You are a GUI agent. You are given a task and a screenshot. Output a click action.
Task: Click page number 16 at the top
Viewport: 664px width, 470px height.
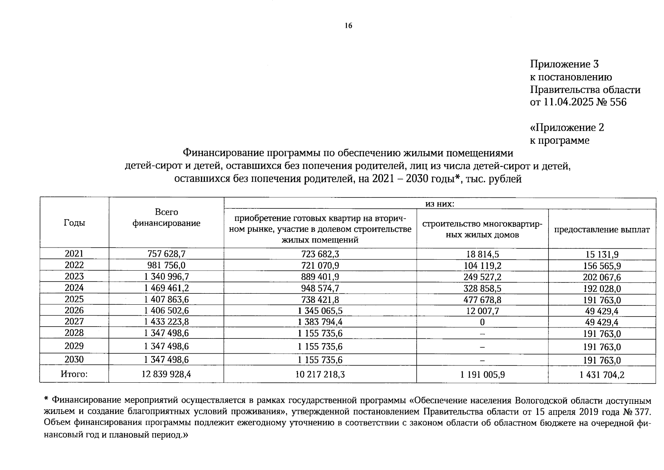[348, 26]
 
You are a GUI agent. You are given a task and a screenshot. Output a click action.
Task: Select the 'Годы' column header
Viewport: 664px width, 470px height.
[74, 223]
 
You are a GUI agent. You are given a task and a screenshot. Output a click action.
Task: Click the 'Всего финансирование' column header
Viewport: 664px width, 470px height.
[166, 218]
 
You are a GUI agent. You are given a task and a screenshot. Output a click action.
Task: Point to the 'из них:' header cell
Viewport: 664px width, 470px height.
[440, 204]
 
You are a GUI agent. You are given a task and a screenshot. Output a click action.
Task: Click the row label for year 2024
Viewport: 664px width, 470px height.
[74, 288]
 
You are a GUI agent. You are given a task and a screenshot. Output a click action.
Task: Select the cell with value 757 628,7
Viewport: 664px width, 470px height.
[166, 254]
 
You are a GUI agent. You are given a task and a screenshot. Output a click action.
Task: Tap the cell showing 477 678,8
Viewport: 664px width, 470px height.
[482, 300]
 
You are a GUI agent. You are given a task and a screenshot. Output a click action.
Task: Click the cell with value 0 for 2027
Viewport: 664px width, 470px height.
[482, 322]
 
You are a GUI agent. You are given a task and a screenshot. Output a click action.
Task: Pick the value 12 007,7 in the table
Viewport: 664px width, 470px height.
[482, 311]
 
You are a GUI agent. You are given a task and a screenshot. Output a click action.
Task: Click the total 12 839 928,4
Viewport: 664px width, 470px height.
[166, 374]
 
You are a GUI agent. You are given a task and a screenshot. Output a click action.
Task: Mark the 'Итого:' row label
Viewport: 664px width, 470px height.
[74, 374]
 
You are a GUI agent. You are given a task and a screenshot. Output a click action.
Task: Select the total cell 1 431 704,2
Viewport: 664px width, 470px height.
[602, 375]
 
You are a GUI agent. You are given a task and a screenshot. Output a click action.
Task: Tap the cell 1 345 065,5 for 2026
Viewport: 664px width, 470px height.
[320, 311]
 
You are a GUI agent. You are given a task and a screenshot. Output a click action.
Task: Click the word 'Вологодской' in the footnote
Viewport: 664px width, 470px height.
[541, 401]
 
